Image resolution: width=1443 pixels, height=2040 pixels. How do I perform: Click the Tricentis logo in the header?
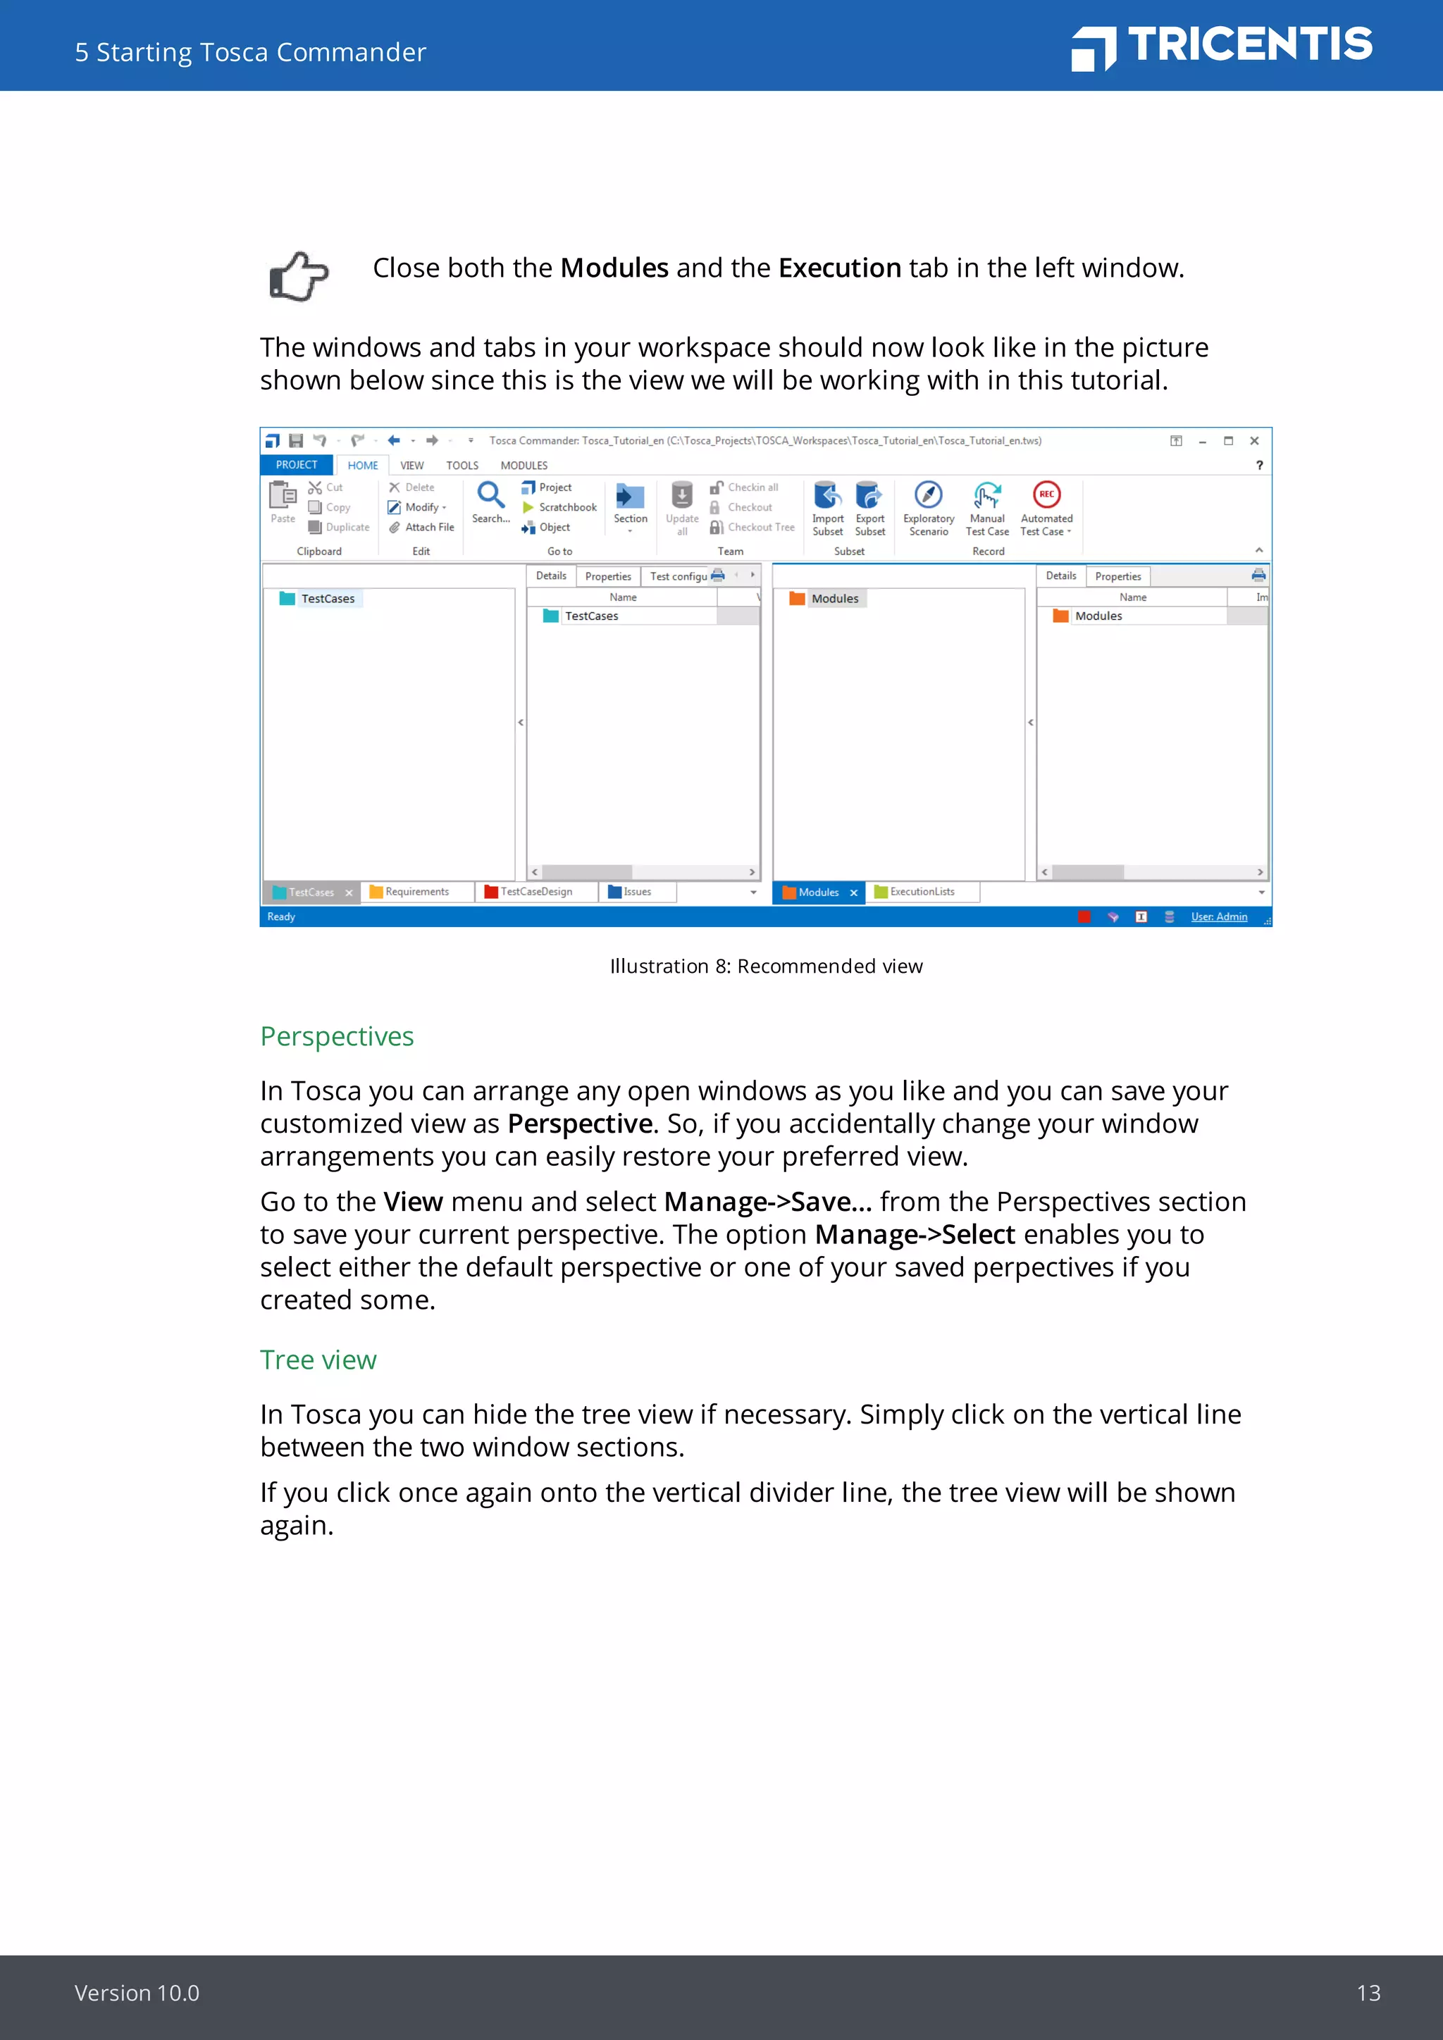click(1222, 46)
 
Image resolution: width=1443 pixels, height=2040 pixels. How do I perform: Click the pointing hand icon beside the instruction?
click(299, 276)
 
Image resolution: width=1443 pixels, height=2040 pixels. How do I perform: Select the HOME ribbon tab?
click(363, 466)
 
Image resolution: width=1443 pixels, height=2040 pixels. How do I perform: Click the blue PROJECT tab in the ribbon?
click(296, 466)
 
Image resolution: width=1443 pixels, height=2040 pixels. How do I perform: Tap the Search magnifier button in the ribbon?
click(490, 496)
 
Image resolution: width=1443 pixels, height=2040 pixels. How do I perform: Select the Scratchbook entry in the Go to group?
click(567, 507)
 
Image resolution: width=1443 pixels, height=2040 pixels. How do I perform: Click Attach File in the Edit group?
click(428, 528)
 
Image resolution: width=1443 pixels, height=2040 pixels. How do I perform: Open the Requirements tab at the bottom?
click(416, 892)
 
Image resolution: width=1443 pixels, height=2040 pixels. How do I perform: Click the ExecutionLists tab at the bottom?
click(922, 892)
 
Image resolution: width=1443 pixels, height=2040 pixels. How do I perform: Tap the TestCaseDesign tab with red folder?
click(535, 892)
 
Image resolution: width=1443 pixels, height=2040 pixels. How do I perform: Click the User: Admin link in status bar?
click(1218, 917)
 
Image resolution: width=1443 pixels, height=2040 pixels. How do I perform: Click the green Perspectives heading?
click(337, 1037)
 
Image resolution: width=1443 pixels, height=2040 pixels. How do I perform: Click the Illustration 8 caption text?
click(766, 966)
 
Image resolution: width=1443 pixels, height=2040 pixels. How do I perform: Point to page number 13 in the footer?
click(1368, 1993)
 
